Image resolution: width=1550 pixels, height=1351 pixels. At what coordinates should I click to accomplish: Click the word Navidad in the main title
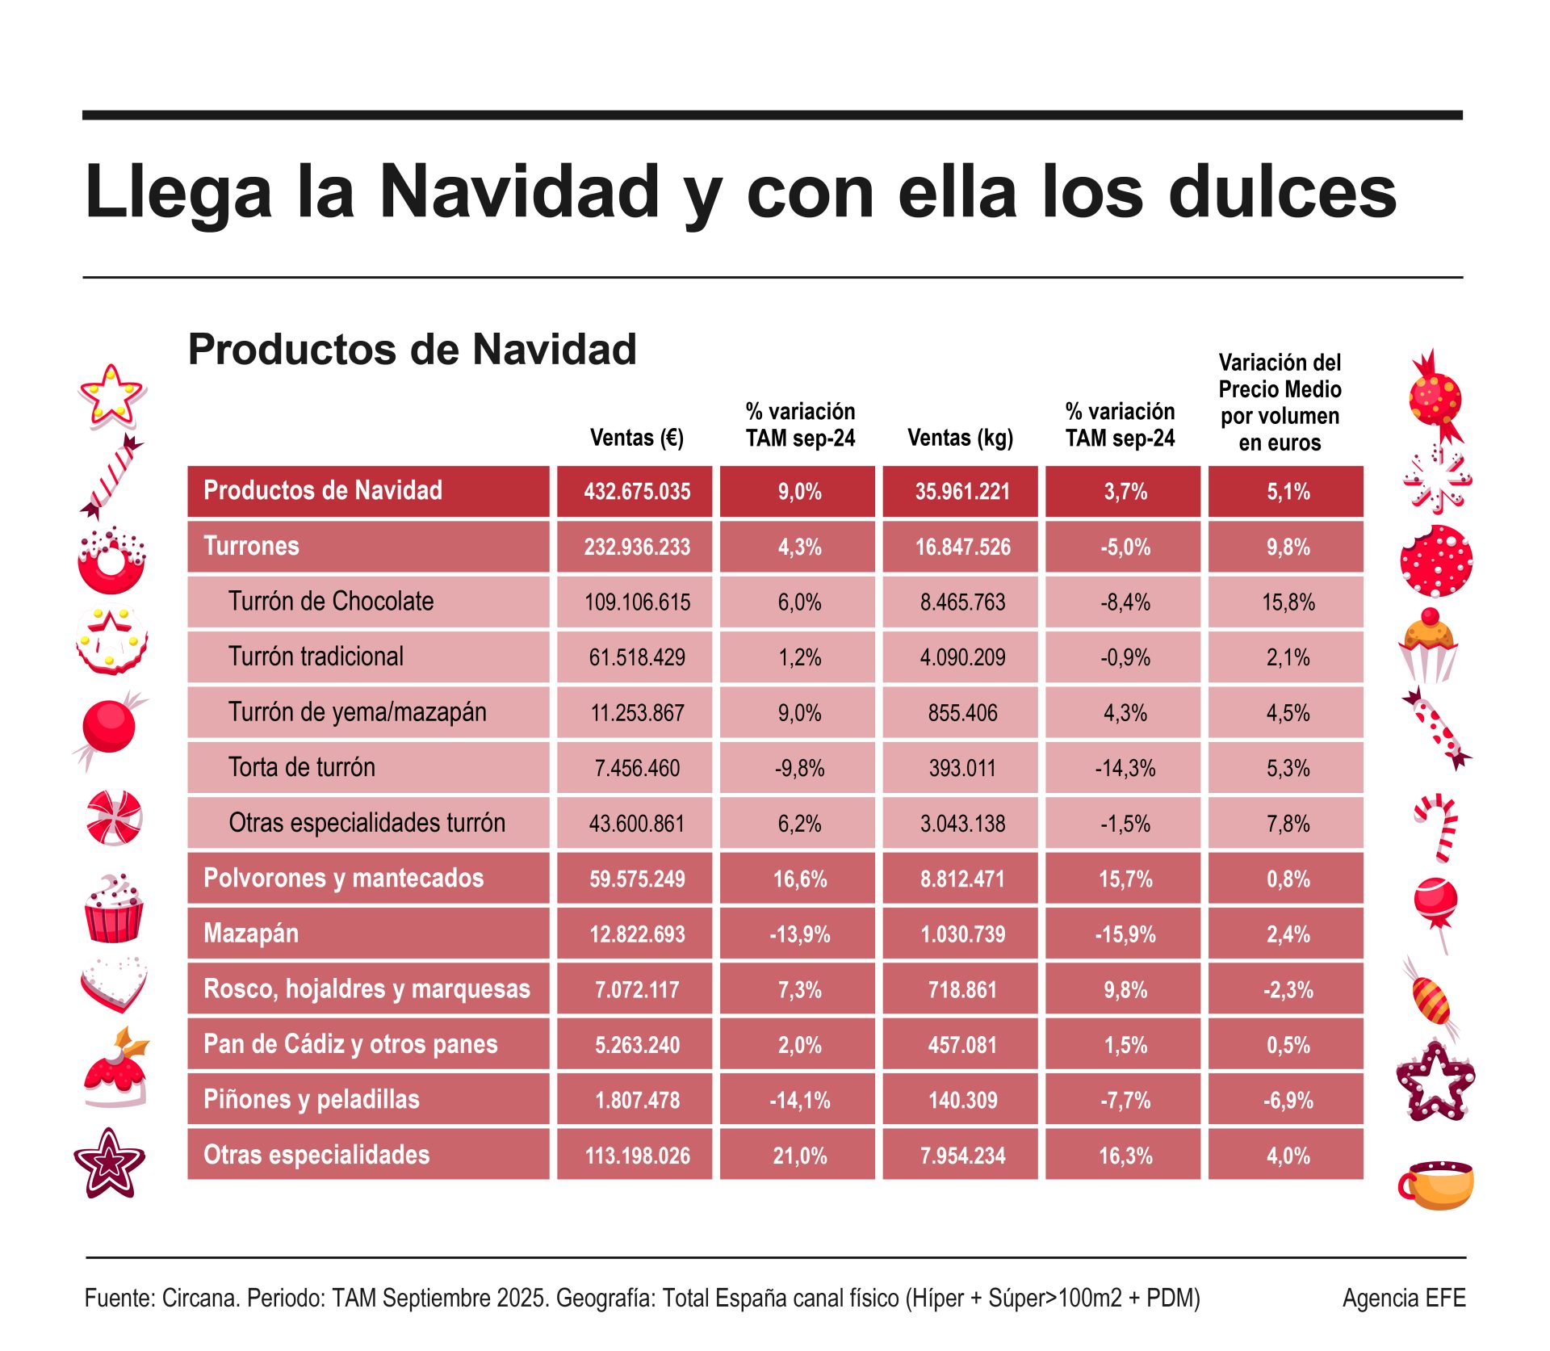519,192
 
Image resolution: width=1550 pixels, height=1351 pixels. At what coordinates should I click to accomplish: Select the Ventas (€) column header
636,438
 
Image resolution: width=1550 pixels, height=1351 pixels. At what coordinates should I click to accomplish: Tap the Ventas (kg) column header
960,438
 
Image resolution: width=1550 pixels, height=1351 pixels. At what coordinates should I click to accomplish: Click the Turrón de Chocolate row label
330,602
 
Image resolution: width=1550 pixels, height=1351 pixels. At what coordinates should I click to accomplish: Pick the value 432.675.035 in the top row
637,492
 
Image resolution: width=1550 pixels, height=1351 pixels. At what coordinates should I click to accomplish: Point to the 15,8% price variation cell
1288,602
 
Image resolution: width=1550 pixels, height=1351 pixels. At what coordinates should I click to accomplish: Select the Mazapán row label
251,934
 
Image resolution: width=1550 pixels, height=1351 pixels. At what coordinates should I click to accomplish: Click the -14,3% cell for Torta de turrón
1125,768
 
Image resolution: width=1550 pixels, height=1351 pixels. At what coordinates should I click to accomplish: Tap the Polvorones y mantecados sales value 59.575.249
637,879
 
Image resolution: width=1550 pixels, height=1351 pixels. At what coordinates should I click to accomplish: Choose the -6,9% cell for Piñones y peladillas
1288,1100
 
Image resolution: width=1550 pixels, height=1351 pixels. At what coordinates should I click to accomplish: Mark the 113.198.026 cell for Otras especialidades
637,1156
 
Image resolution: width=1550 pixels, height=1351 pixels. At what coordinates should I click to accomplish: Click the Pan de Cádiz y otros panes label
350,1044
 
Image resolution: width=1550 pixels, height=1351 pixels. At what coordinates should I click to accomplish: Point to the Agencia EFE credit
1403,1298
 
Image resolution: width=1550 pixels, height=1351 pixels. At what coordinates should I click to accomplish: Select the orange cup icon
1436,1185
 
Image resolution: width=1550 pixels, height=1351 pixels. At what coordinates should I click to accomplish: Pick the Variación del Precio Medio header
1280,402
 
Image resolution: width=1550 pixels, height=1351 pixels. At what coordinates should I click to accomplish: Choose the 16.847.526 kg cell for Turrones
962,548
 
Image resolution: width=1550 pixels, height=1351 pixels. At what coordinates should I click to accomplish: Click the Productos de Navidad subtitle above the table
412,350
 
